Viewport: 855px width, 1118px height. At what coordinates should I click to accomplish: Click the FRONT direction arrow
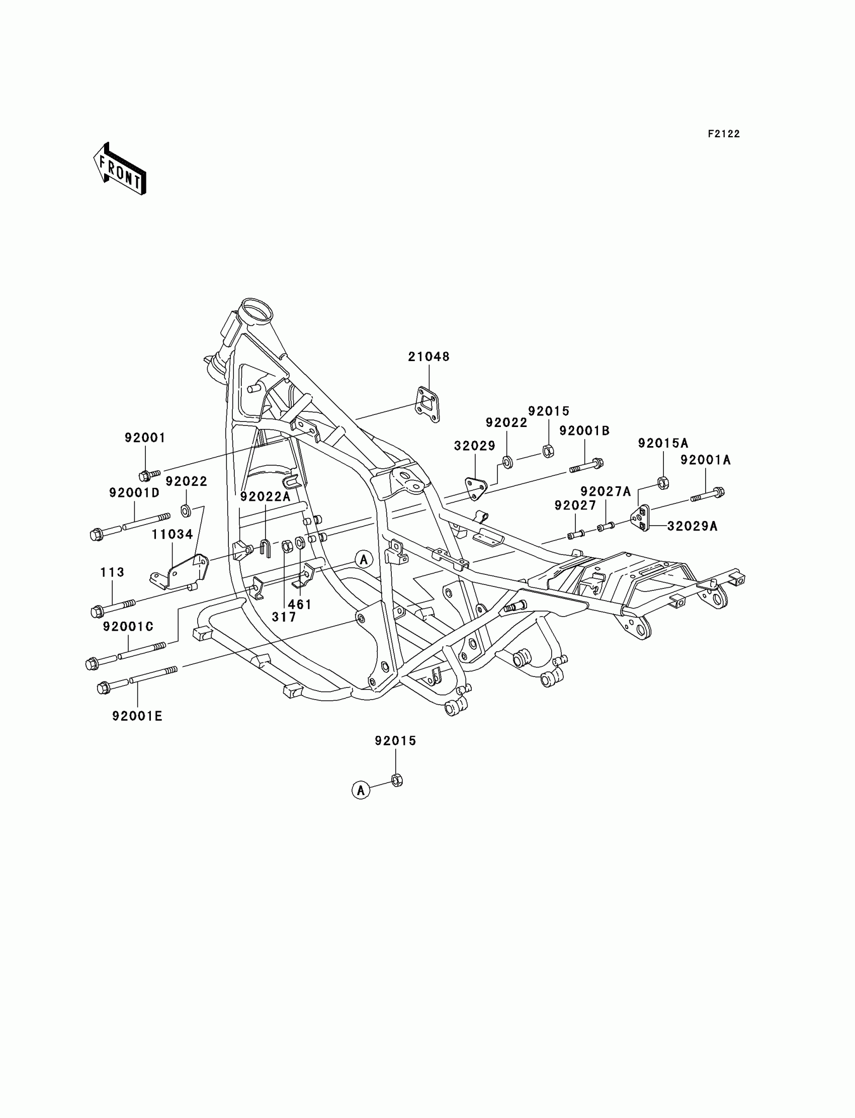point(120,169)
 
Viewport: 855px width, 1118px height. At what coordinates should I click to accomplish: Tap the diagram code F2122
point(724,134)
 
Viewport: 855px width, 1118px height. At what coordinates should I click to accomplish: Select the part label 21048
point(429,357)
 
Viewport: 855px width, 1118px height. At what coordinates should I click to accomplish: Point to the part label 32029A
point(692,526)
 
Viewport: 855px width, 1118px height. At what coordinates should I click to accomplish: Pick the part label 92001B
point(584,431)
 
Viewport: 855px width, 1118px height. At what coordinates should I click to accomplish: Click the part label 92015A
point(663,443)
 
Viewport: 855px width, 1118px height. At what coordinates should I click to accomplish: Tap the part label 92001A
point(705,460)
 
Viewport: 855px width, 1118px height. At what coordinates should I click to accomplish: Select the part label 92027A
point(605,491)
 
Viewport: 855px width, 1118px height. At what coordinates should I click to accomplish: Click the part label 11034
point(172,534)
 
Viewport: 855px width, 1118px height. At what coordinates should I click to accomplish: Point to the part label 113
point(112,572)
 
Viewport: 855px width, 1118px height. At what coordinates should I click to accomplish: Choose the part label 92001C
point(128,627)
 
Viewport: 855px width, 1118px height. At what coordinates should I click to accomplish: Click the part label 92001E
point(137,716)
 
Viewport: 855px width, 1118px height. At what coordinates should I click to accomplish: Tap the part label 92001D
point(134,492)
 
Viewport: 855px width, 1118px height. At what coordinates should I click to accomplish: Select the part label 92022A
point(265,497)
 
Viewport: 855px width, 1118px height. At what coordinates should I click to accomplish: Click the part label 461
point(300,605)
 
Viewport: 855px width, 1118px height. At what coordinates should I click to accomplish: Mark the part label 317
point(284,617)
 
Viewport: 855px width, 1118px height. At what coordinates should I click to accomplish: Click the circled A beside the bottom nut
point(361,790)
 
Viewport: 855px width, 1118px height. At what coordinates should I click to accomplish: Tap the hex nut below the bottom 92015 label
point(397,780)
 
